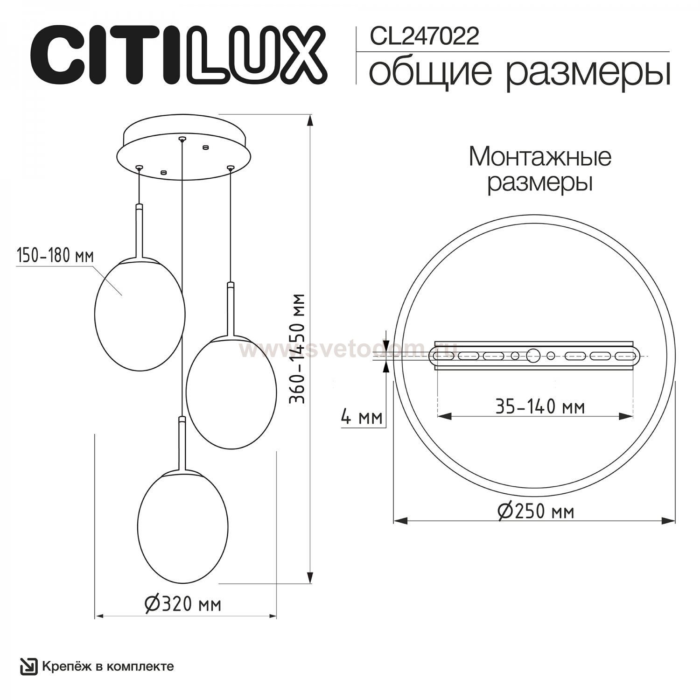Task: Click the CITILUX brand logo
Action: tap(179, 55)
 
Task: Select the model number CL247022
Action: tap(424, 36)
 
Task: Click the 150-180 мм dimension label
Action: tap(55, 256)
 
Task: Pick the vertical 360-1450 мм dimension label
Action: tap(297, 348)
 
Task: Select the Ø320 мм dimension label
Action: tap(182, 604)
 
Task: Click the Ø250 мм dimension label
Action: tap(536, 511)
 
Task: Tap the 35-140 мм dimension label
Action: tap(540, 407)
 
